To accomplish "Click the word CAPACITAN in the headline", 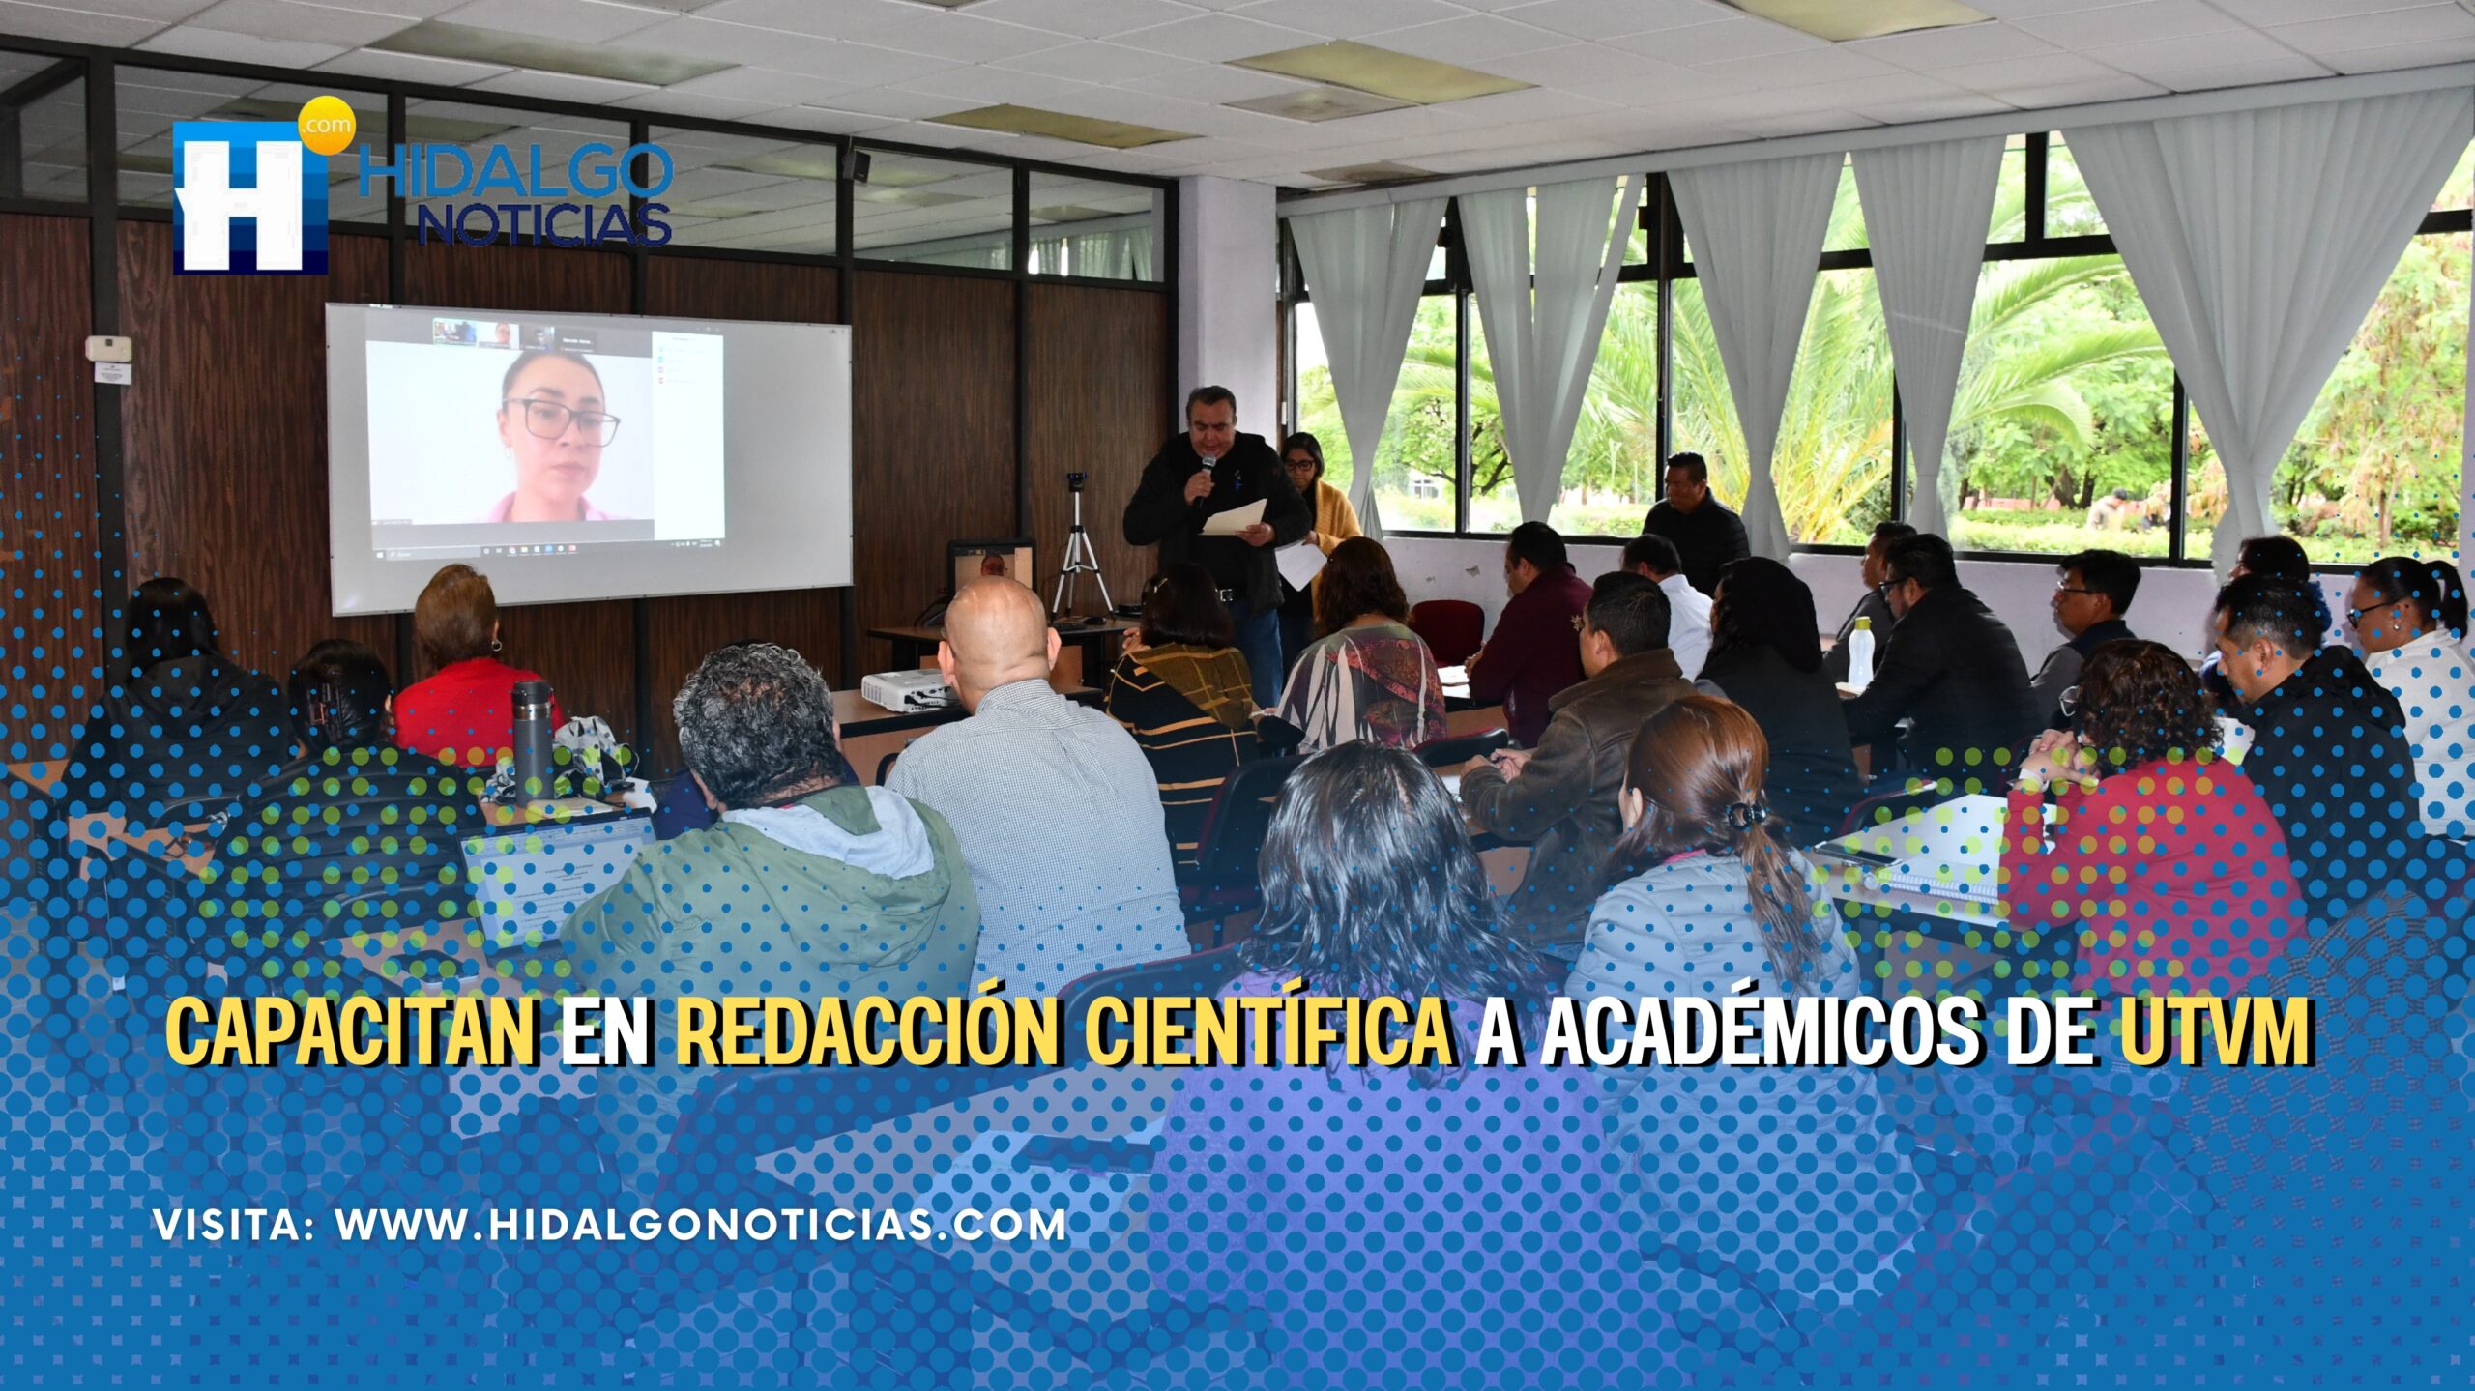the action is (352, 1030).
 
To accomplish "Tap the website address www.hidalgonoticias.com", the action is (701, 1225).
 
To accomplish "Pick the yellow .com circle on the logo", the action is (326, 126).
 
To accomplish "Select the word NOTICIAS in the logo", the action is (544, 224).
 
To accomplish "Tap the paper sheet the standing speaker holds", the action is (1233, 517).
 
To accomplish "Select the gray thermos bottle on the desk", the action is (531, 740).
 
